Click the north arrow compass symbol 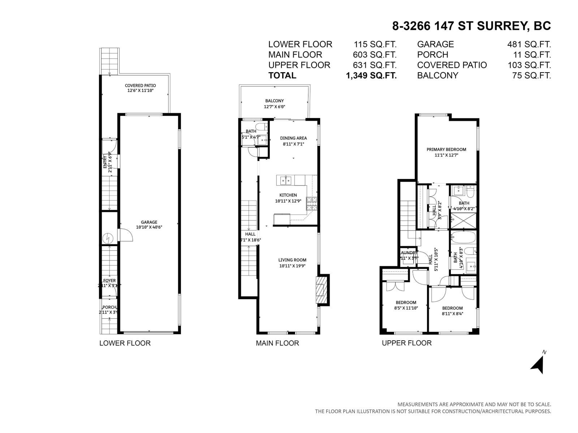point(538,364)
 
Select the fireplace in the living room point(320,290)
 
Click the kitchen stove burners point(311,204)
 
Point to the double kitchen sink point(286,180)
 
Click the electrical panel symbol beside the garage point(108,238)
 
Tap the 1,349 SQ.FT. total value point(371,75)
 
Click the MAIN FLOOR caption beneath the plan point(277,343)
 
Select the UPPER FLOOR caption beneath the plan point(407,343)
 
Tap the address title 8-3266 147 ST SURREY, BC point(471,26)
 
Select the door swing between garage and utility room point(127,235)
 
